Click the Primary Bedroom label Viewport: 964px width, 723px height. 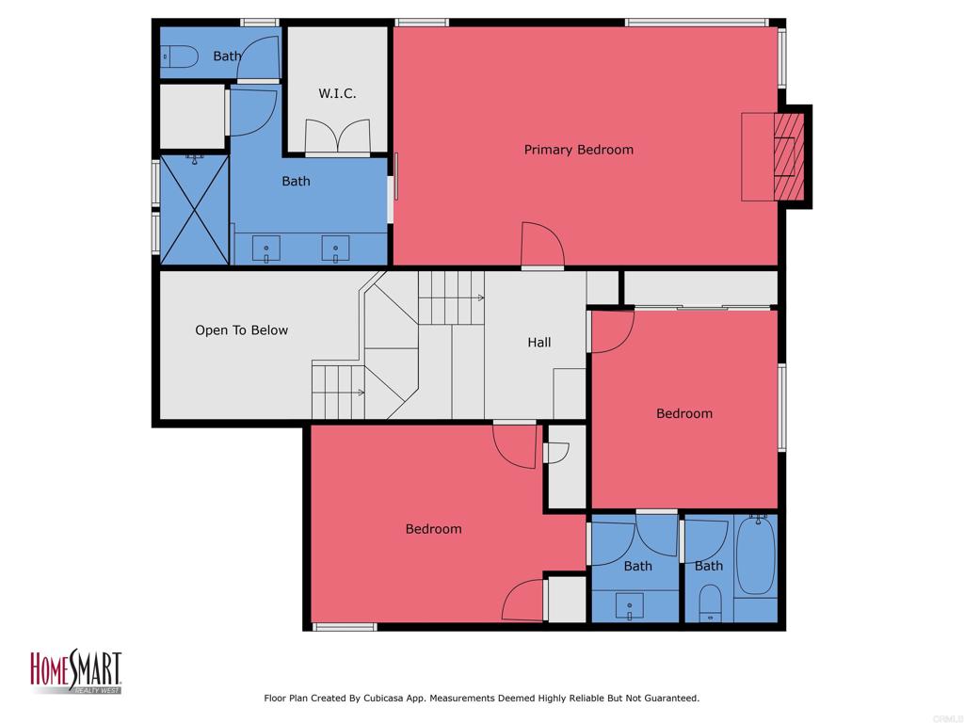[x=579, y=150]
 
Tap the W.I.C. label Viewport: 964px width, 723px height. [x=337, y=93]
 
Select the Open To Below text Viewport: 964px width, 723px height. [x=242, y=330]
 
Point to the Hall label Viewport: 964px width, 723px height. [x=539, y=343]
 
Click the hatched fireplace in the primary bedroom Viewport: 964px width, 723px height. [x=789, y=157]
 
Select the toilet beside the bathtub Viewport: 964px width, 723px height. [x=711, y=602]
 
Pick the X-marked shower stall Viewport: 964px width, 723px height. [x=194, y=210]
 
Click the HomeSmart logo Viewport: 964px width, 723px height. [x=76, y=671]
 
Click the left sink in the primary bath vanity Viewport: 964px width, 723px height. [x=266, y=249]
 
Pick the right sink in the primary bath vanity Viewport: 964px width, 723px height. [x=336, y=249]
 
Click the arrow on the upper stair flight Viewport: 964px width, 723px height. [x=452, y=298]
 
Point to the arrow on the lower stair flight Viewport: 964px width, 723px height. [x=339, y=393]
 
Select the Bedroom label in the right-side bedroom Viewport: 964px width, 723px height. [x=684, y=414]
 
